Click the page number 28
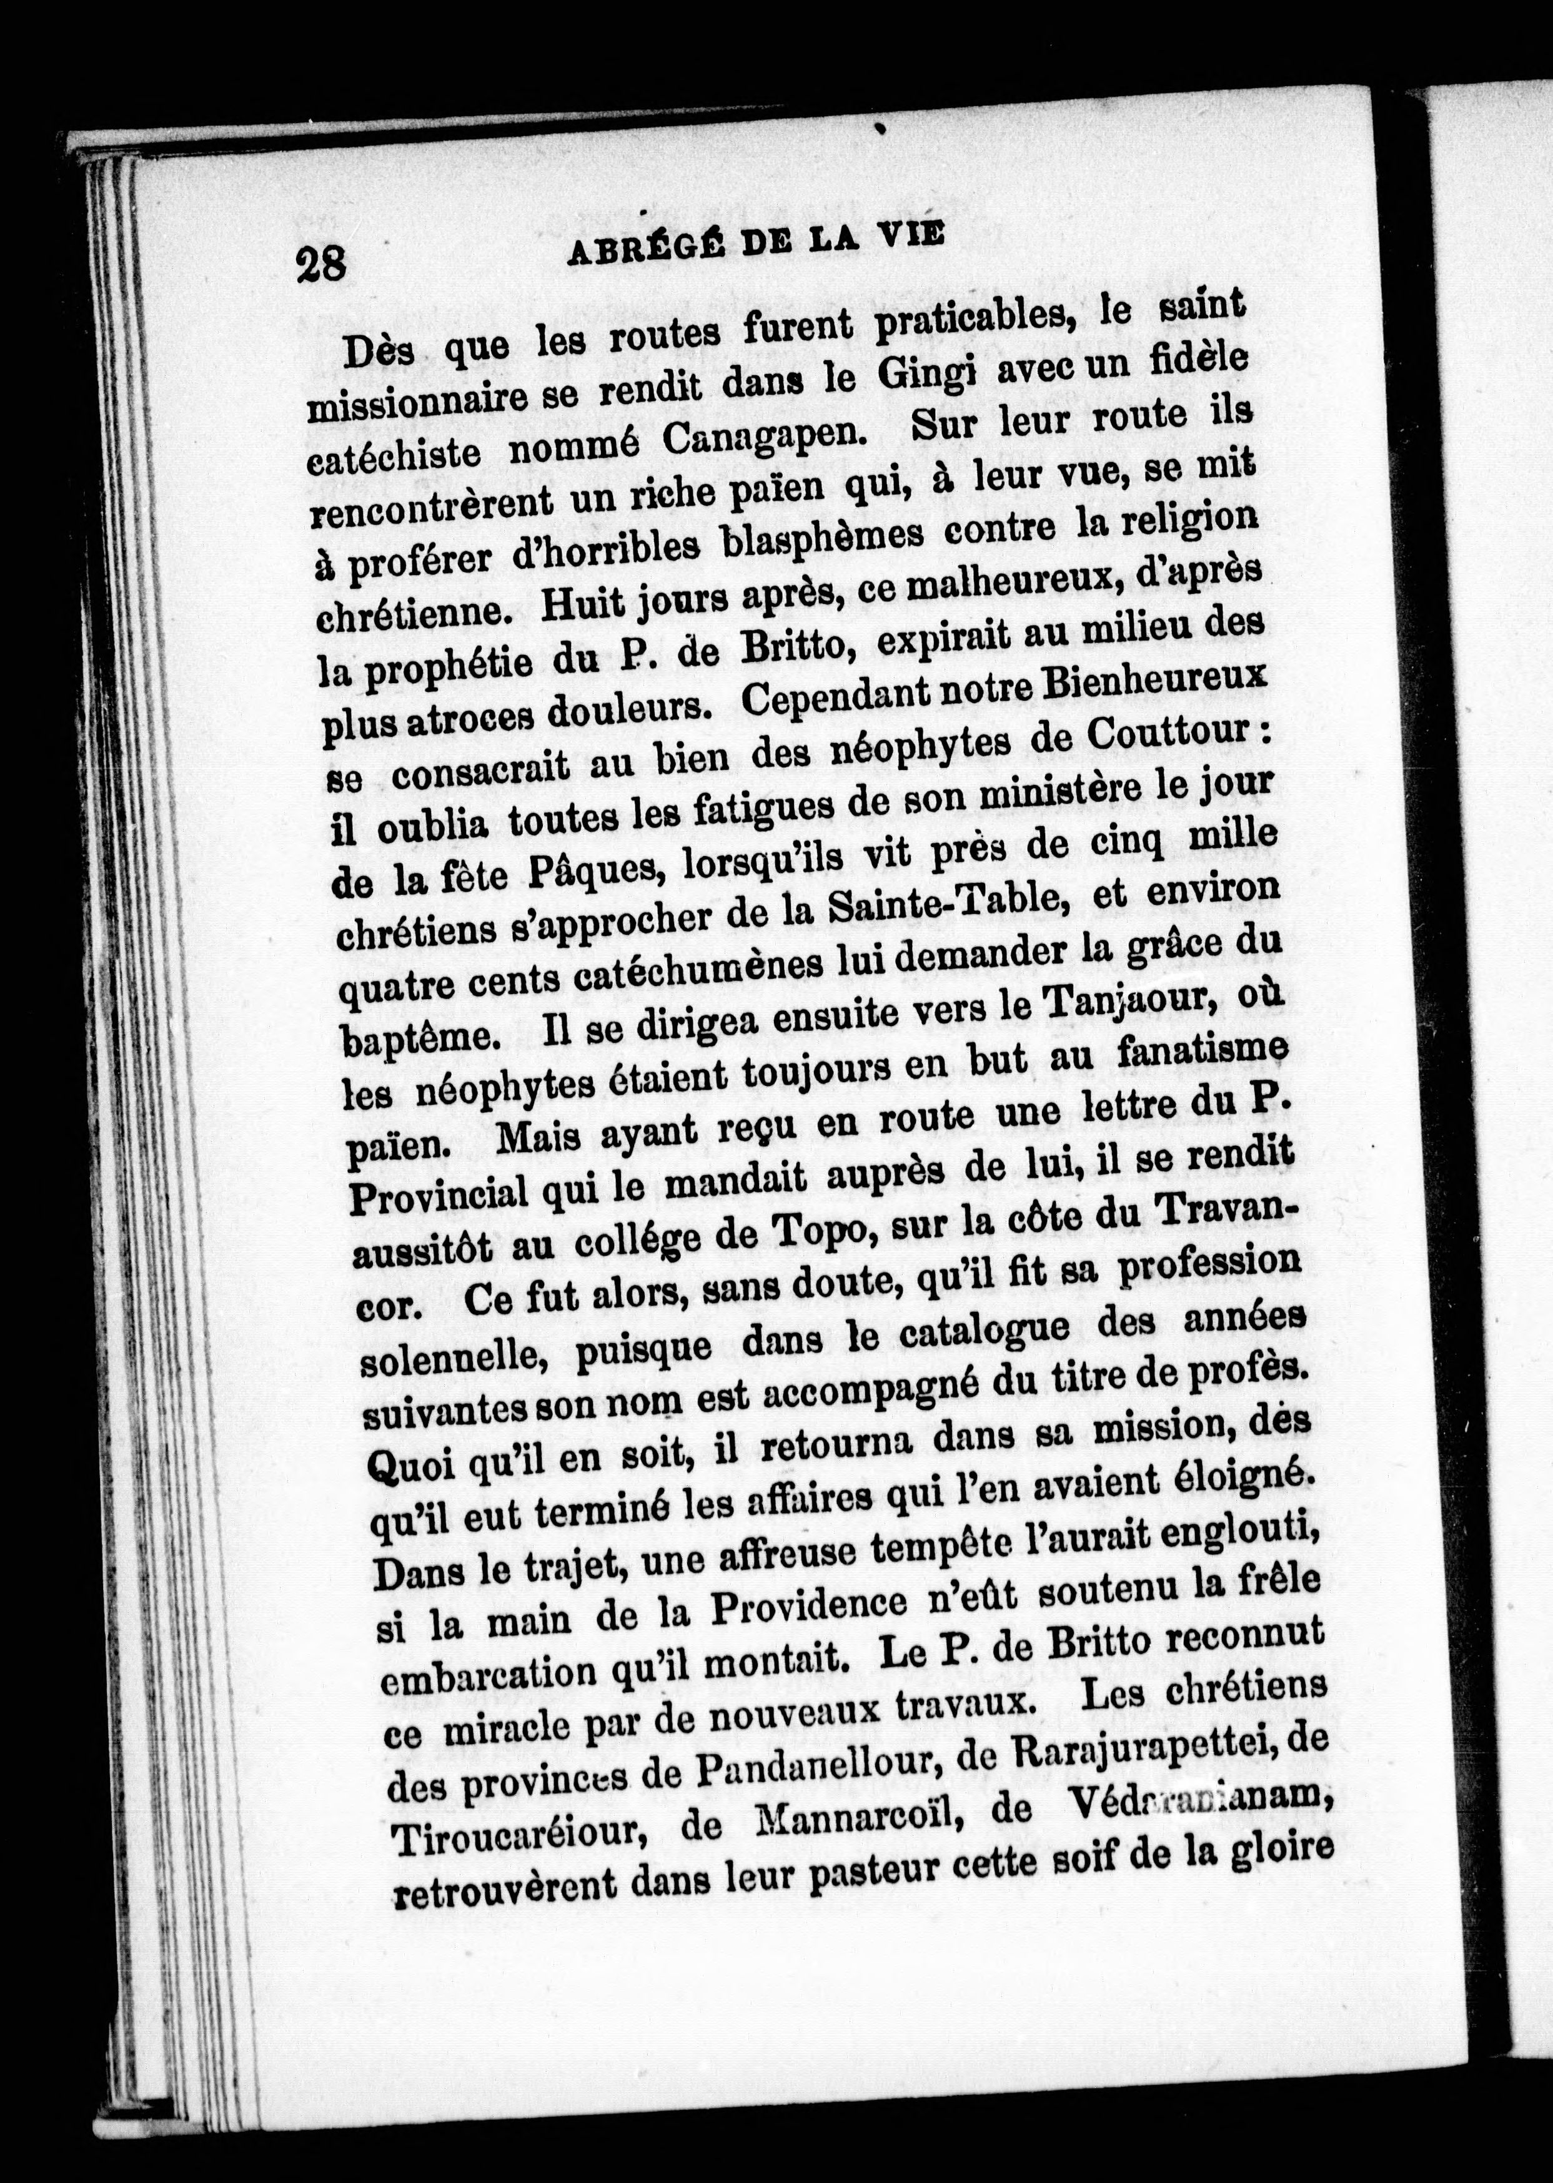[x=320, y=263]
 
